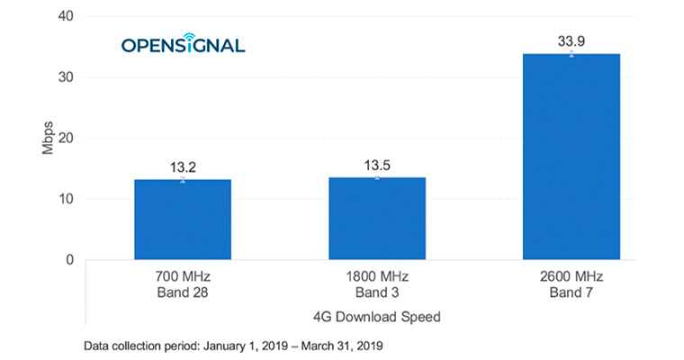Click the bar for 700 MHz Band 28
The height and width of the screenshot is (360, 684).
pos(183,220)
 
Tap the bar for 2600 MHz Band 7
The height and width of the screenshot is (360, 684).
pos(571,157)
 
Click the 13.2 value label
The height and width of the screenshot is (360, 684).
pos(183,166)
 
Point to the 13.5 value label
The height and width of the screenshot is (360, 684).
pos(377,165)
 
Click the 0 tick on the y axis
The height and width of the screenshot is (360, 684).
pos(68,260)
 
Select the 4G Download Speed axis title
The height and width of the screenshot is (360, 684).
pos(377,316)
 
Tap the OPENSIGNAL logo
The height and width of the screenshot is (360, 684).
pos(183,44)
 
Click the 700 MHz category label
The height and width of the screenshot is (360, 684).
pos(183,277)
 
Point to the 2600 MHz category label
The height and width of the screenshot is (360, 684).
pos(571,277)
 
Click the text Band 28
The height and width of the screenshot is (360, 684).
pos(183,292)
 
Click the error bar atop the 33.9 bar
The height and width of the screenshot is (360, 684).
pos(571,53)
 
